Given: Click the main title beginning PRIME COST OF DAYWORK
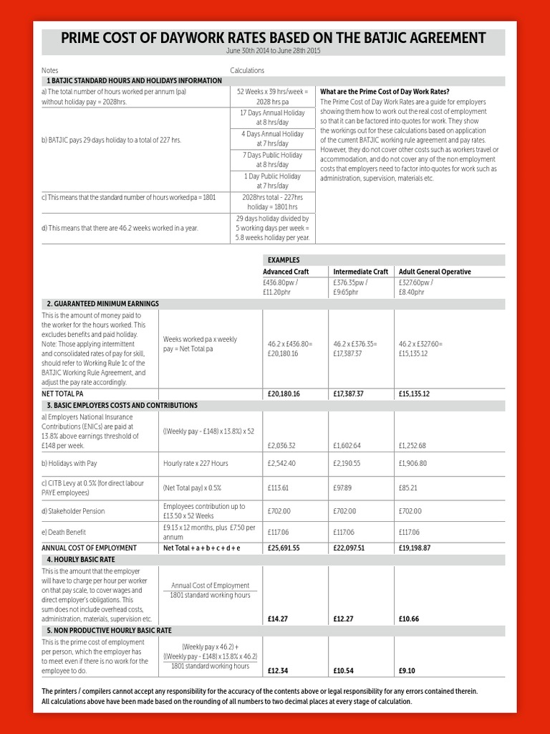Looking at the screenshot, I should pyautogui.click(x=273, y=38).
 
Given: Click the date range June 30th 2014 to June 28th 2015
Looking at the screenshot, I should pyautogui.click(x=273, y=52).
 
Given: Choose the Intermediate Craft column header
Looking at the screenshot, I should pyautogui.click(x=360, y=272).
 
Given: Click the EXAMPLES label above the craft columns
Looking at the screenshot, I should pyautogui.click(x=284, y=259).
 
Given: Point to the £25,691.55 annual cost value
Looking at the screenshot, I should pyautogui.click(x=284, y=548).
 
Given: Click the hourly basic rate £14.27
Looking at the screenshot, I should pyautogui.click(x=278, y=619).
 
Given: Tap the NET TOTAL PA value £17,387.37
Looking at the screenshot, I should pyautogui.click(x=348, y=394).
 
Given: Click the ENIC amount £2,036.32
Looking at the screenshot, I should pyautogui.click(x=281, y=445).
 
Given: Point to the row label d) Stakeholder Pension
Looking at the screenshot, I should pyautogui.click(x=73, y=511).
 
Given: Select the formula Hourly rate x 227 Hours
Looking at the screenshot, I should pyautogui.click(x=196, y=463).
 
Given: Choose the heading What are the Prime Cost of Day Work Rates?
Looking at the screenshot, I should pyautogui.click(x=385, y=92).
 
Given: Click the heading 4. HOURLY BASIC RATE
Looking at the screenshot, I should pyautogui.click(x=81, y=559).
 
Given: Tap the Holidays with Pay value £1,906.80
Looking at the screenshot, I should pyautogui.click(x=412, y=463).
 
